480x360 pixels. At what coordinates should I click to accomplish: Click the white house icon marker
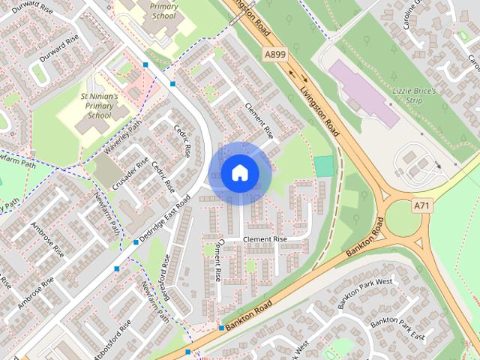coord(239,172)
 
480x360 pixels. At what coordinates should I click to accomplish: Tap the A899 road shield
coord(275,54)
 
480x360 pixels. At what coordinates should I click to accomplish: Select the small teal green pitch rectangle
coord(324,166)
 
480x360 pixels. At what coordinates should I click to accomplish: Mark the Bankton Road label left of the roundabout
coord(364,239)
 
